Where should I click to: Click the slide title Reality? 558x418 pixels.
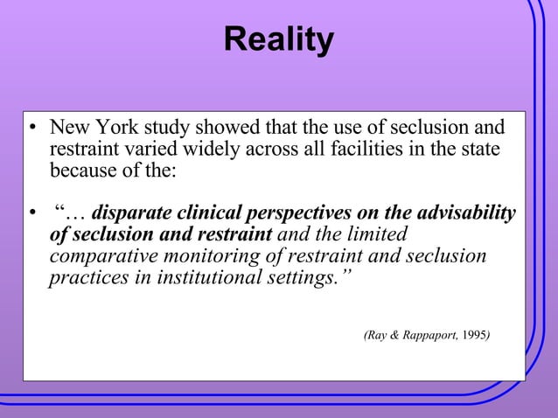278,40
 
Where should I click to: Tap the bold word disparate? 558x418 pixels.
131,214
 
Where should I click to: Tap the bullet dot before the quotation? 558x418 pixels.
31,215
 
